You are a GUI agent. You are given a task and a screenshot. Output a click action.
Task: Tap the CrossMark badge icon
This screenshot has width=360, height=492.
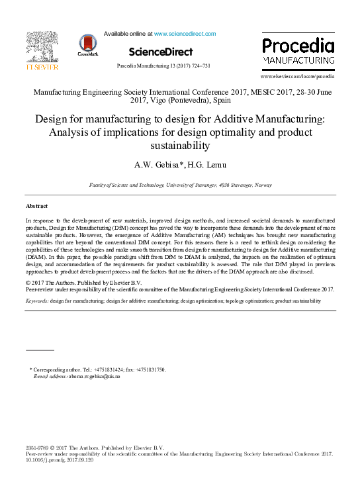[87, 44]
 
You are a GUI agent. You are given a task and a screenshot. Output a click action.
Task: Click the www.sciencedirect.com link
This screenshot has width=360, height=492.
[185, 33]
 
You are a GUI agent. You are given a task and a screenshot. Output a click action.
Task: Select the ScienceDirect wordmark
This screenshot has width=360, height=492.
[161, 52]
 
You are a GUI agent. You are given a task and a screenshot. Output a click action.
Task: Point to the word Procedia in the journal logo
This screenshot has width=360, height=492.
[297, 46]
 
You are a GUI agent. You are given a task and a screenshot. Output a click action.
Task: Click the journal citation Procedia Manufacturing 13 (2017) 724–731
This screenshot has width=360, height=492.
[163, 66]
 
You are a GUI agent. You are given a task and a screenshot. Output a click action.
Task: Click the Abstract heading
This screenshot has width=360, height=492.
[36, 207]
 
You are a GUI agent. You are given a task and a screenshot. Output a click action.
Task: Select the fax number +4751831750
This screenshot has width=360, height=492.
[150, 369]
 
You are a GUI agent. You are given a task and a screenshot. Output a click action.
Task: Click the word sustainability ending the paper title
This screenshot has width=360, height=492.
[180, 146]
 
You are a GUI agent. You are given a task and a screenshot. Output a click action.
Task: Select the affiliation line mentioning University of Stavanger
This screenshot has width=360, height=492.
[180, 185]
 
